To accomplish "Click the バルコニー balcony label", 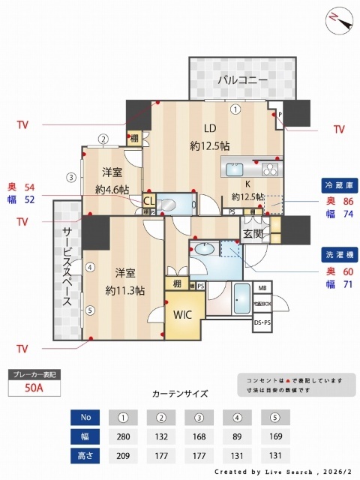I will point(243,79).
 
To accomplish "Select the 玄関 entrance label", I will point(252,234).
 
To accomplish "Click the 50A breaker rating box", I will point(32,388).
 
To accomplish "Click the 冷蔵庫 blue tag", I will point(338,184).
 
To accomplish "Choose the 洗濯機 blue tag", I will point(338,253).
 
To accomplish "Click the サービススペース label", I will point(67,267).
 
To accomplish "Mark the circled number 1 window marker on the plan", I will point(235,109).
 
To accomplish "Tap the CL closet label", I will point(148,201).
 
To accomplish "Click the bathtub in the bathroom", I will point(241,300).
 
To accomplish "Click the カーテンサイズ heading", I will point(180,394).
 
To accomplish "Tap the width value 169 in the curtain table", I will point(276,435).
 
